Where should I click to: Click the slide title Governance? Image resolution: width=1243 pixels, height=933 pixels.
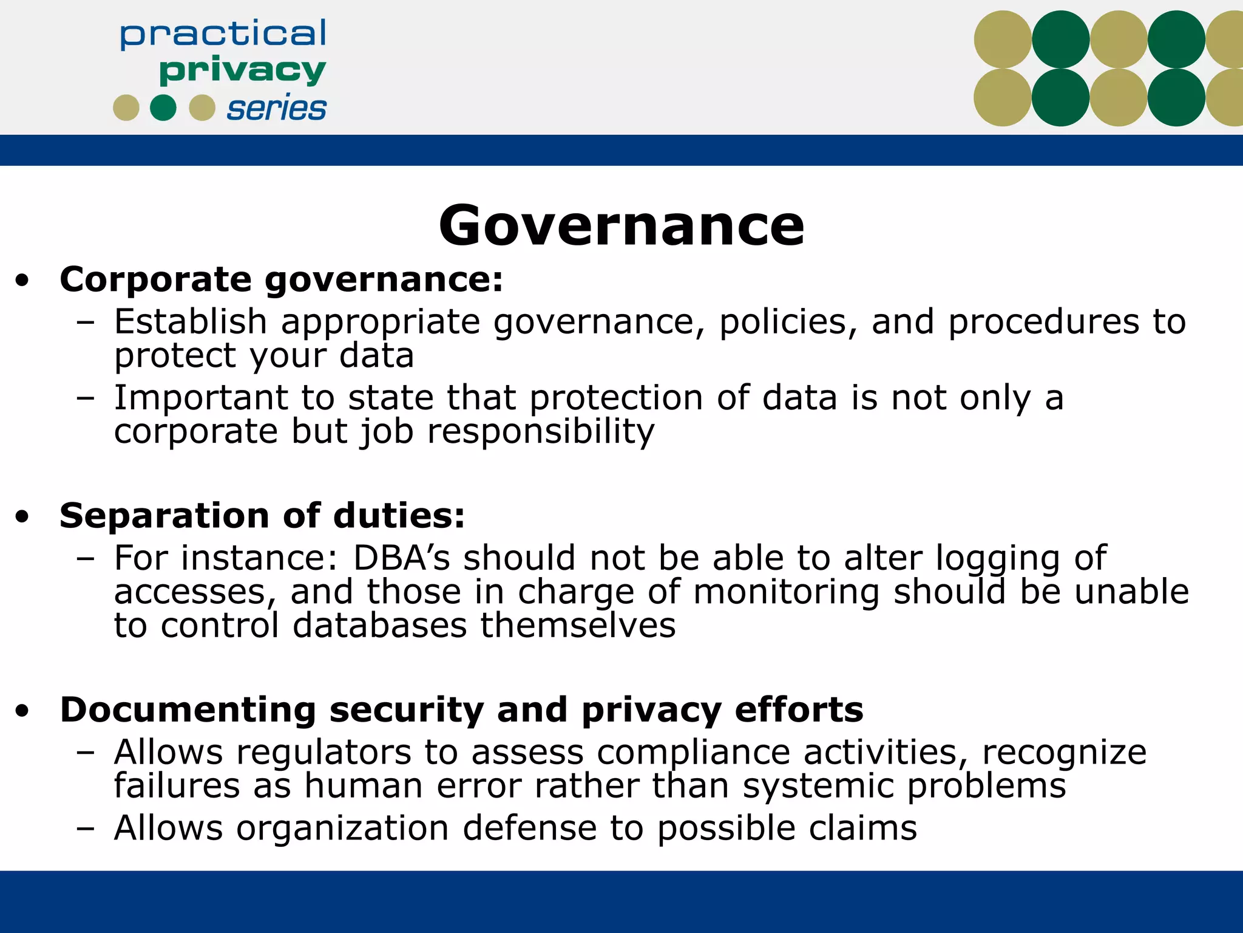click(x=621, y=226)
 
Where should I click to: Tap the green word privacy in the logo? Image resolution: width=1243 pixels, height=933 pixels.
click(x=242, y=72)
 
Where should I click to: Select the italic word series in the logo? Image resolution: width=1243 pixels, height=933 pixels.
click(x=276, y=109)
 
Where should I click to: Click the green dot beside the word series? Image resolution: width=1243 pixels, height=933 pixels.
click(x=163, y=108)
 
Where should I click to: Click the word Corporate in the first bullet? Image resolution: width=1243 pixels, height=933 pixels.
click(x=155, y=280)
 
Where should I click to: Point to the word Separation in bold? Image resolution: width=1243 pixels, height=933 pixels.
click(x=164, y=516)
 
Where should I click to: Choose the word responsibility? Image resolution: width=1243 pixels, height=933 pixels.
click(x=541, y=432)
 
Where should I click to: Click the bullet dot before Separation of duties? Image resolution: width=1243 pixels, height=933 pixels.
click(x=22, y=517)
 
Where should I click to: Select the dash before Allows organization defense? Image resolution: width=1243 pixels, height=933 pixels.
click(x=86, y=829)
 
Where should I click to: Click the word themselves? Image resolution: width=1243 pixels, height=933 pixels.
click(x=577, y=626)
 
